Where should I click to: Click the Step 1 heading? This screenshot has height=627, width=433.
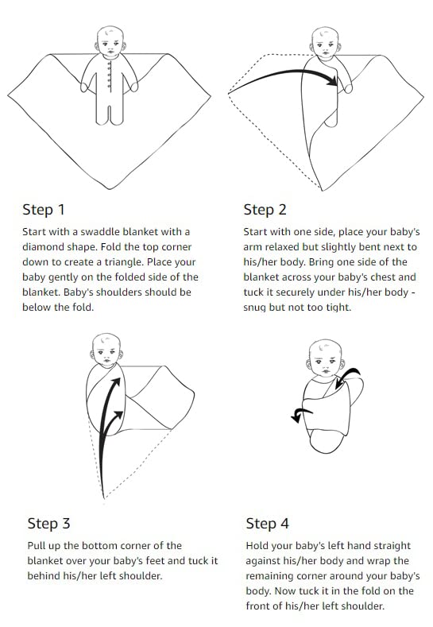pos(44,210)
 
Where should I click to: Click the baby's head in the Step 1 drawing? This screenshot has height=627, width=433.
pos(110,41)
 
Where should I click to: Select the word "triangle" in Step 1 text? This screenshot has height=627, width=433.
pos(148,262)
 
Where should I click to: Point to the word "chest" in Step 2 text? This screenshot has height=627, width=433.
pos(381,277)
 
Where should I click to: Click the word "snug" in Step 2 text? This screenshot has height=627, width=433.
pos(259,308)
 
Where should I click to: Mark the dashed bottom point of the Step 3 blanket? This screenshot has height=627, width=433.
pos(103,499)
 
